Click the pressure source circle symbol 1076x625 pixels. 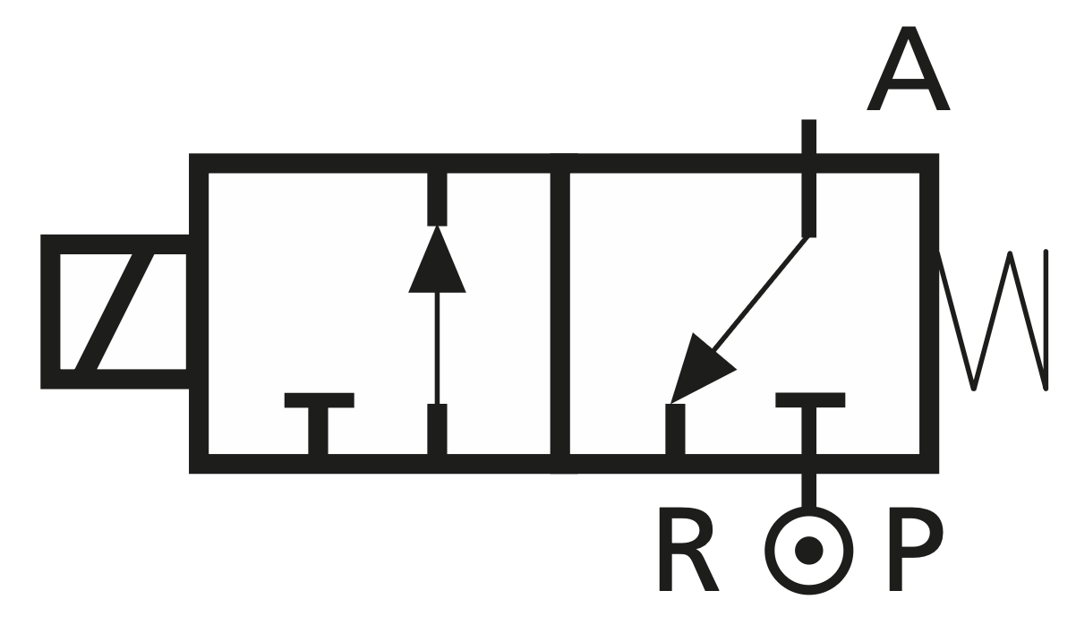click(x=809, y=548)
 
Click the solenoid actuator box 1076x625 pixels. click(x=115, y=312)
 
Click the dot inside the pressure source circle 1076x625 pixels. click(x=809, y=548)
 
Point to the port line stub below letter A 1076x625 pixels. click(x=809, y=179)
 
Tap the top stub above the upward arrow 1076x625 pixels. click(x=437, y=197)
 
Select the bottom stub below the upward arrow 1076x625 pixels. click(x=437, y=430)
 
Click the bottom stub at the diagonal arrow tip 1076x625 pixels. click(x=675, y=430)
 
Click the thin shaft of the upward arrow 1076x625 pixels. click(x=437, y=349)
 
